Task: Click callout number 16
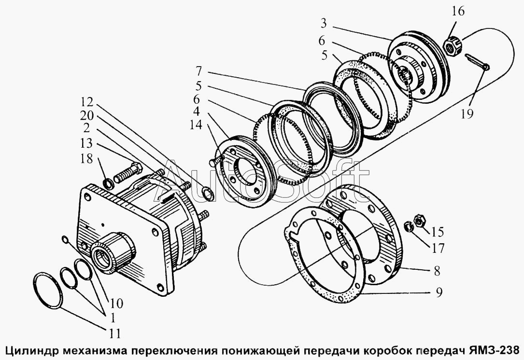click(458, 11)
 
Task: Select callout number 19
click(467, 114)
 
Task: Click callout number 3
click(323, 23)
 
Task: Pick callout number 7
click(199, 71)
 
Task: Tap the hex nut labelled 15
click(418, 221)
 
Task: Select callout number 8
click(437, 271)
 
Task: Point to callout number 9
click(439, 292)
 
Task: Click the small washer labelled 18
click(108, 183)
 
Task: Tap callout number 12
click(86, 102)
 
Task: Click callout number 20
click(86, 115)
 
